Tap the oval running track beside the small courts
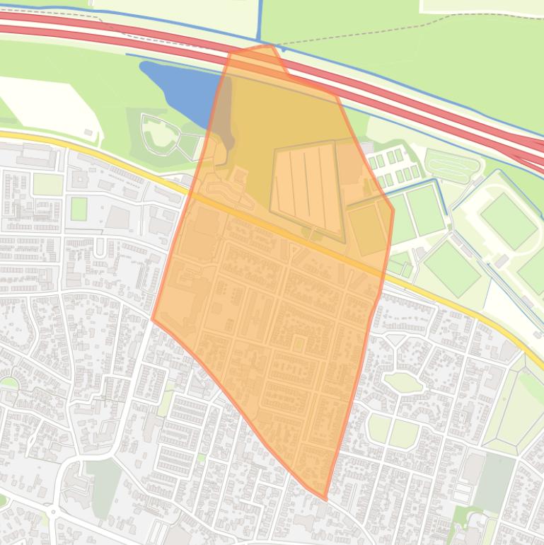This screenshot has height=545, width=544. [x=452, y=167]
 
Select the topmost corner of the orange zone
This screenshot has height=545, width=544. [x=270, y=46]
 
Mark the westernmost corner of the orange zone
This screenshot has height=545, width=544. [x=152, y=319]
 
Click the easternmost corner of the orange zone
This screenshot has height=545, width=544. [x=393, y=210]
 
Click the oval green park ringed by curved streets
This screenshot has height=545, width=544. [x=403, y=383]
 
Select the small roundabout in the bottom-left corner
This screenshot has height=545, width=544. [x=53, y=511]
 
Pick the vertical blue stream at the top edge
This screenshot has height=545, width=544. [x=260, y=21]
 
